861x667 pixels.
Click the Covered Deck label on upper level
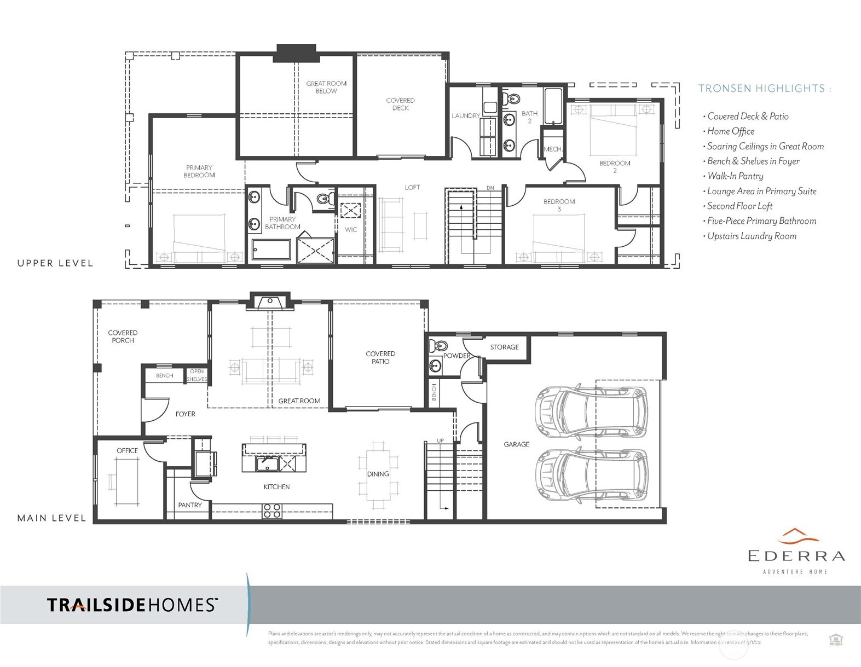coord(400,104)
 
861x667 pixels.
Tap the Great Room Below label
coord(326,87)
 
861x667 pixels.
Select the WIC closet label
coord(351,229)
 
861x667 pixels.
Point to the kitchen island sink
coord(268,463)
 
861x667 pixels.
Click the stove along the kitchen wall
coord(272,511)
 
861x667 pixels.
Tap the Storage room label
coord(504,347)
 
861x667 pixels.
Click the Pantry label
coord(190,505)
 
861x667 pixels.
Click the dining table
coord(378,474)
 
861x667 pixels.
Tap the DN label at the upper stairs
coord(490,188)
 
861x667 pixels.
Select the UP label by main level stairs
coord(440,440)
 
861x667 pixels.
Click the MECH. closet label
coord(553,149)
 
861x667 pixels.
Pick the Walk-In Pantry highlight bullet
coord(735,176)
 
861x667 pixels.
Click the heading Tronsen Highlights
coord(764,88)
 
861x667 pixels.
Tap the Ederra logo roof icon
coord(798,533)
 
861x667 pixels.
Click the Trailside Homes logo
coord(132,605)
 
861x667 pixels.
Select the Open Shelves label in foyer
coord(197,375)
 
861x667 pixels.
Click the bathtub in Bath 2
coord(553,106)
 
